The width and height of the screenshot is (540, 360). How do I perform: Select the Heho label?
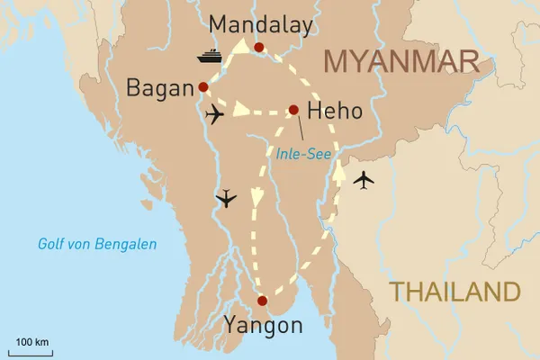coord(335,112)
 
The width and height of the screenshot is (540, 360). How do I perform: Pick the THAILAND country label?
coord(454,292)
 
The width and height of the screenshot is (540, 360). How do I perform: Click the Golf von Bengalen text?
coord(97,244)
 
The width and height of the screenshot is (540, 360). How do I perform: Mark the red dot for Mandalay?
coord(258,48)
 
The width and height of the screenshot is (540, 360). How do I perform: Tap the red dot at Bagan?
coord(202,87)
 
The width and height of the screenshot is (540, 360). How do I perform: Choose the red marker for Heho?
coord(292,111)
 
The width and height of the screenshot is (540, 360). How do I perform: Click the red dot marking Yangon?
coord(262,301)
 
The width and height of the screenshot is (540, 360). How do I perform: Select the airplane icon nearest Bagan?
coord(215,115)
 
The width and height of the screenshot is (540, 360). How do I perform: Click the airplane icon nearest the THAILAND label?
coord(363,180)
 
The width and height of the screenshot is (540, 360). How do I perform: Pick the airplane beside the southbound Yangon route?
coord(226,198)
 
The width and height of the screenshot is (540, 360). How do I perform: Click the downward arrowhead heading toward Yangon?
coord(257,195)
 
